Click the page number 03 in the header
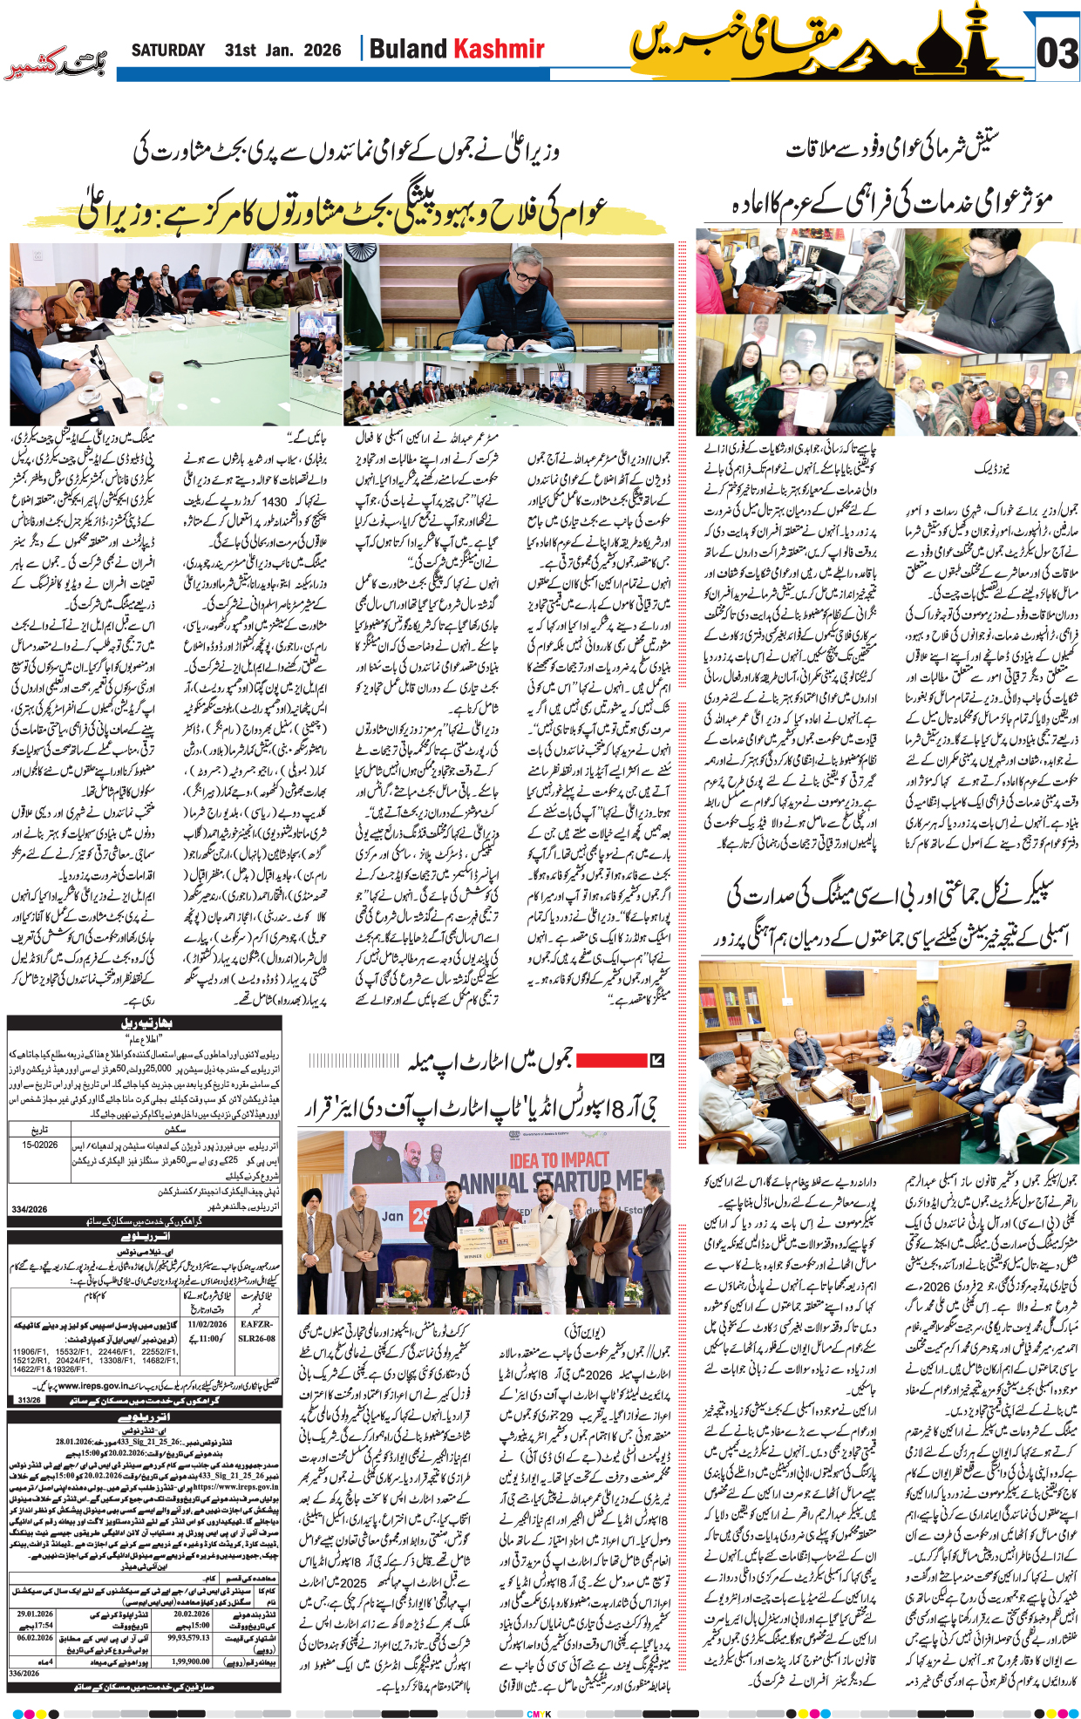(x=1057, y=54)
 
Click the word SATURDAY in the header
(x=168, y=51)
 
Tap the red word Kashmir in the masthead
(x=500, y=49)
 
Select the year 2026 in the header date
(x=322, y=51)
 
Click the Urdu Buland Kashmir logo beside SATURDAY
(x=57, y=63)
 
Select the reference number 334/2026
(x=30, y=1209)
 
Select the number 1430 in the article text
(x=275, y=501)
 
